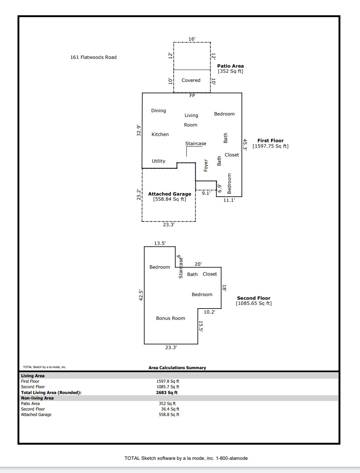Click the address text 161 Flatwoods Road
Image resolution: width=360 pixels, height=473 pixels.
(x=93, y=57)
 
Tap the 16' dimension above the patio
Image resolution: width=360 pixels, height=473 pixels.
(x=192, y=39)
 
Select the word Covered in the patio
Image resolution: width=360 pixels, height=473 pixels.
(x=191, y=80)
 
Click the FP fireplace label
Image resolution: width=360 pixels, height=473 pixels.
(x=192, y=96)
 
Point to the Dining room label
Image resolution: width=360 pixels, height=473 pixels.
(x=158, y=111)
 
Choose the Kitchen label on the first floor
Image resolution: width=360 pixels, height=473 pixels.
(x=160, y=135)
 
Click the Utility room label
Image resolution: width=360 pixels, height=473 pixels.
(x=158, y=161)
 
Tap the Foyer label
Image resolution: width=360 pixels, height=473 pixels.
(x=206, y=166)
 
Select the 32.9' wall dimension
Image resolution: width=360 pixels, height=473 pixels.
(x=139, y=130)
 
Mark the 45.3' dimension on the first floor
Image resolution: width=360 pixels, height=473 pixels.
(x=245, y=144)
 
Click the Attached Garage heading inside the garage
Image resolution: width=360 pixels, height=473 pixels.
(x=169, y=194)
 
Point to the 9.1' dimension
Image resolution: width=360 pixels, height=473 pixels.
(x=206, y=193)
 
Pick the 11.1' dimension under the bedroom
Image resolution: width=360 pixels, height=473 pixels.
(x=229, y=200)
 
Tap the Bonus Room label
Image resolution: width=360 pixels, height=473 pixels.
(x=170, y=318)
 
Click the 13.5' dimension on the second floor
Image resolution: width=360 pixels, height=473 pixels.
(x=160, y=243)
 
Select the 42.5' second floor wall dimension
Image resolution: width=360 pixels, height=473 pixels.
(x=141, y=295)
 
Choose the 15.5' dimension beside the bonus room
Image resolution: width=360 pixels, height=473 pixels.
(x=200, y=326)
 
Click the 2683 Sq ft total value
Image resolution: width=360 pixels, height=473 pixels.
(x=167, y=393)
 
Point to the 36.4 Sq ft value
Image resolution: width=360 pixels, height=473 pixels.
(x=170, y=409)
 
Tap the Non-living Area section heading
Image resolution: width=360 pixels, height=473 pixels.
(x=37, y=398)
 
